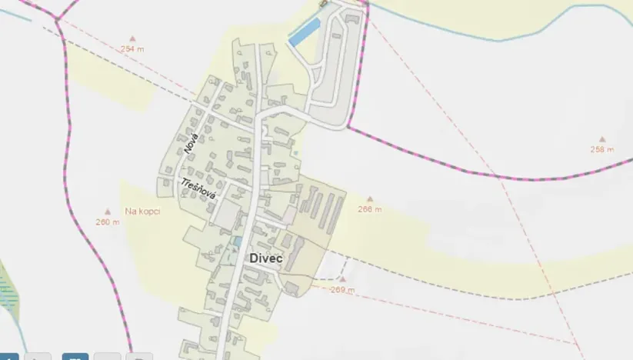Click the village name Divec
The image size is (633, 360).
pos(266,259)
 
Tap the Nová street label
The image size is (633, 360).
pos(192,144)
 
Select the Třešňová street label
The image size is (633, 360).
pos(198,189)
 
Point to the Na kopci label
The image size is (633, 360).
pos(142,211)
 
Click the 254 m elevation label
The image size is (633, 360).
pos(132,48)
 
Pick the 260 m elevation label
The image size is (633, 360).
pos(108,222)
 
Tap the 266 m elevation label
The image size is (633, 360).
pos(370,209)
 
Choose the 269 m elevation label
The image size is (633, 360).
pos(342,290)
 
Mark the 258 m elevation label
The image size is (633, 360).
pos(601,149)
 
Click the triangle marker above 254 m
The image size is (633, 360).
pos(132,38)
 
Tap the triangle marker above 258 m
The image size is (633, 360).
pos(602,139)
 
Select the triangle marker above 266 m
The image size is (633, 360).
pos(370,199)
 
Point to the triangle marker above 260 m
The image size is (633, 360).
pos(108,212)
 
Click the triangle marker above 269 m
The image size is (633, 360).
pos(343,279)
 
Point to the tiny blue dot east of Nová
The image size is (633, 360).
pos(295,153)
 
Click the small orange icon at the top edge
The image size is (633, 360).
pos(322,3)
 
